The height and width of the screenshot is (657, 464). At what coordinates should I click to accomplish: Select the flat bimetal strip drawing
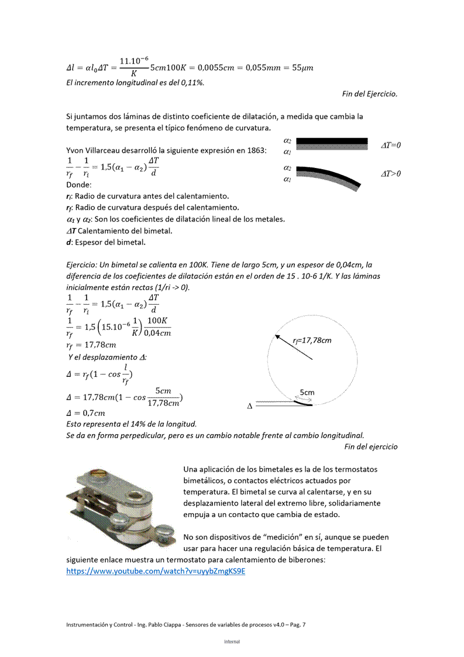[332, 143]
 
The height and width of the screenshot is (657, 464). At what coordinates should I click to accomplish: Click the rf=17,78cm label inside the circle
[312, 341]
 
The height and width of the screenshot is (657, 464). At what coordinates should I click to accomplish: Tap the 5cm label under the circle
[307, 393]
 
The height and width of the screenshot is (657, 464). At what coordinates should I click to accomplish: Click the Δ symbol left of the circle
[250, 407]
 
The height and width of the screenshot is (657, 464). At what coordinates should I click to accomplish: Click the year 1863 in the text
[256, 151]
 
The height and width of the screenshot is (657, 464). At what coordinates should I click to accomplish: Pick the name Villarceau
[108, 151]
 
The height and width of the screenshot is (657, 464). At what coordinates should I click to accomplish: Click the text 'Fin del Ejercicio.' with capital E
[370, 94]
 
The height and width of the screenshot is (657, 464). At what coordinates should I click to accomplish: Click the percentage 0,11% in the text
[192, 82]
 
